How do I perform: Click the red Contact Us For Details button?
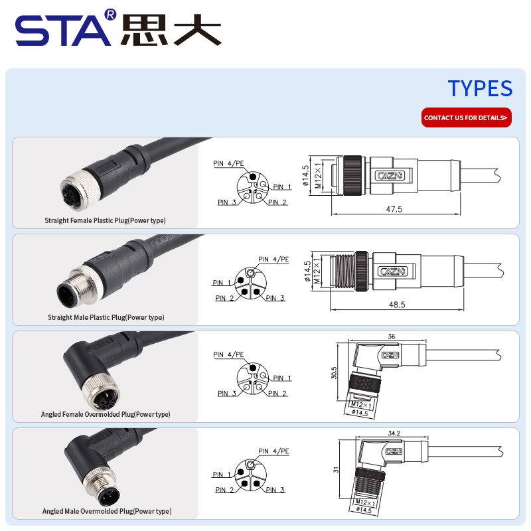pyautogui.click(x=467, y=117)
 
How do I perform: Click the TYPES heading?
pyautogui.click(x=480, y=88)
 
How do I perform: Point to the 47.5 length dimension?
pyautogui.click(x=394, y=209)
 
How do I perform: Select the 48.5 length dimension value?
pyautogui.click(x=397, y=305)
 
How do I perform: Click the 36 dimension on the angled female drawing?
pyautogui.click(x=391, y=337)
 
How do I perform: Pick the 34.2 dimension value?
pyautogui.click(x=394, y=433)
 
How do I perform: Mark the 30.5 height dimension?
pyautogui.click(x=334, y=373)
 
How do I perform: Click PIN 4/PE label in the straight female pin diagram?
pyautogui.click(x=228, y=163)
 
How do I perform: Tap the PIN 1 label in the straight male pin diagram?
pyautogui.click(x=222, y=283)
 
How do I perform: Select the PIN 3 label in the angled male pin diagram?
pyautogui.click(x=275, y=490)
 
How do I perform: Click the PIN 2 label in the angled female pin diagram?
pyautogui.click(x=277, y=393)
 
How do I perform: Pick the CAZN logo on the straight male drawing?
pyautogui.click(x=393, y=271)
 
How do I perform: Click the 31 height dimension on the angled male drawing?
pyautogui.click(x=336, y=470)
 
